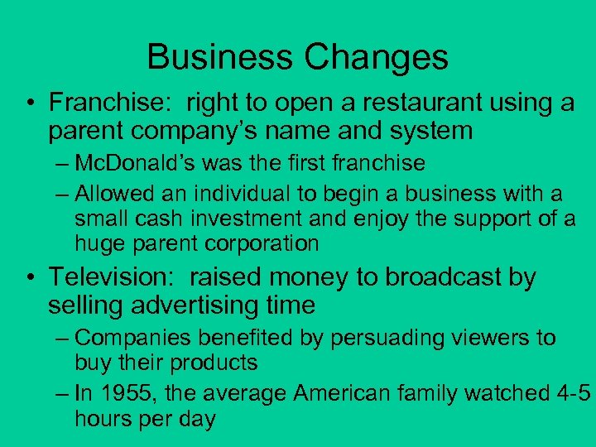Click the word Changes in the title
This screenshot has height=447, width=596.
pos(377,57)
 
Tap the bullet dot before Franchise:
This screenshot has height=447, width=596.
pos(31,105)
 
